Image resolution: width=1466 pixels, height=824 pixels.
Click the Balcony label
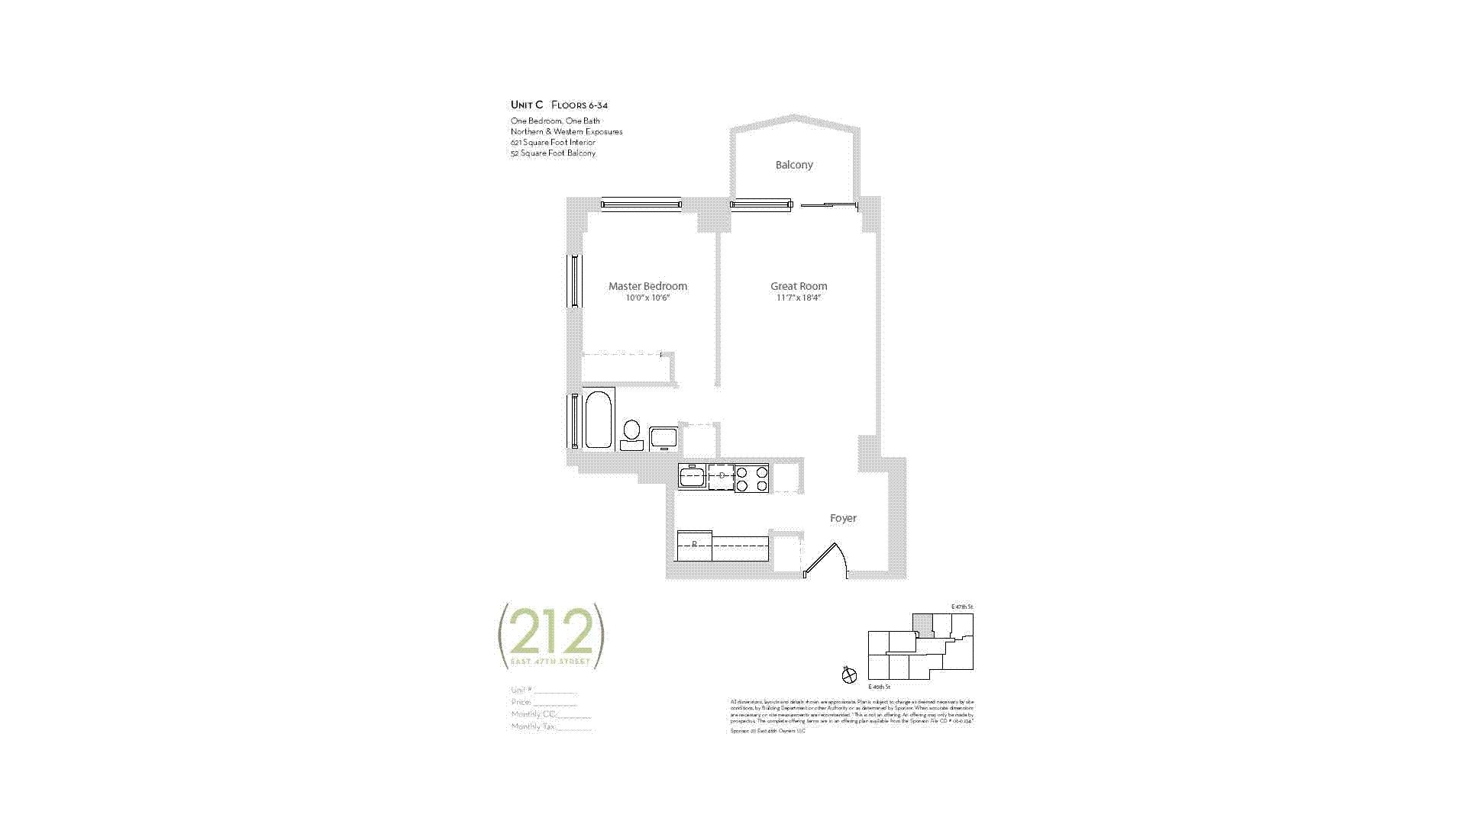click(794, 165)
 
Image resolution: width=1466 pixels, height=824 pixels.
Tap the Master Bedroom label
click(647, 286)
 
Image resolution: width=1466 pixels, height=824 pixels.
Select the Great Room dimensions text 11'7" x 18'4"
click(799, 298)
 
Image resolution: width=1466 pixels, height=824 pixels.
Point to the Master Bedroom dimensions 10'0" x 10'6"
click(647, 298)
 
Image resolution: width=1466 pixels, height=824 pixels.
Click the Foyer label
click(843, 518)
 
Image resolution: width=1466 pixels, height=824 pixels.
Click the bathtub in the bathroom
click(598, 420)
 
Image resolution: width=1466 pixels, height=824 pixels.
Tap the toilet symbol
click(631, 433)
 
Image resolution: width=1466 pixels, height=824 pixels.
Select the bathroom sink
click(663, 439)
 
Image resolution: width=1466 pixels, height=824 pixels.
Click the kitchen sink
click(692, 477)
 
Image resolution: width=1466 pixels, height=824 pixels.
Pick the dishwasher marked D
click(721, 476)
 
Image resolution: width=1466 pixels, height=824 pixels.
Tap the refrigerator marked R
click(694, 545)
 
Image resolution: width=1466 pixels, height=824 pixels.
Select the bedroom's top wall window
click(641, 204)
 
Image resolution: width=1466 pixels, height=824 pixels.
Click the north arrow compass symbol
click(849, 674)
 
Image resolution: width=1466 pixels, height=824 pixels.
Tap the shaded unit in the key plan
click(923, 623)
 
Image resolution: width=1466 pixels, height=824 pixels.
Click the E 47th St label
click(962, 607)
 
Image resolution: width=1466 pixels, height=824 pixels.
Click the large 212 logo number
click(551, 632)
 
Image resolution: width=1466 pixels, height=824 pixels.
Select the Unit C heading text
click(527, 105)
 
